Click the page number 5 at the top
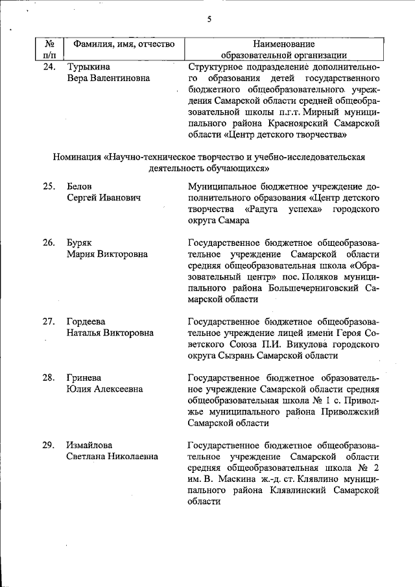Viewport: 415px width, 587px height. [x=209, y=19]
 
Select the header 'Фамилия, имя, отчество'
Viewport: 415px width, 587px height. [x=124, y=44]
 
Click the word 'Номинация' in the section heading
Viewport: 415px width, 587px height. [x=80, y=157]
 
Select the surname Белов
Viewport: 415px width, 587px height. [x=79, y=187]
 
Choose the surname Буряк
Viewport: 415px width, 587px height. [x=80, y=243]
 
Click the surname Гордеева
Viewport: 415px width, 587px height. [x=86, y=321]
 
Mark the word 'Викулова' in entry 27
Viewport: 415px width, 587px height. [x=326, y=344]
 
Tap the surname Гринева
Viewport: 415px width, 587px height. [x=84, y=377]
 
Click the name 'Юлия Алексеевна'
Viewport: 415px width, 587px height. [x=104, y=389]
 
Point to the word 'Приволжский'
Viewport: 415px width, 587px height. [x=351, y=411]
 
